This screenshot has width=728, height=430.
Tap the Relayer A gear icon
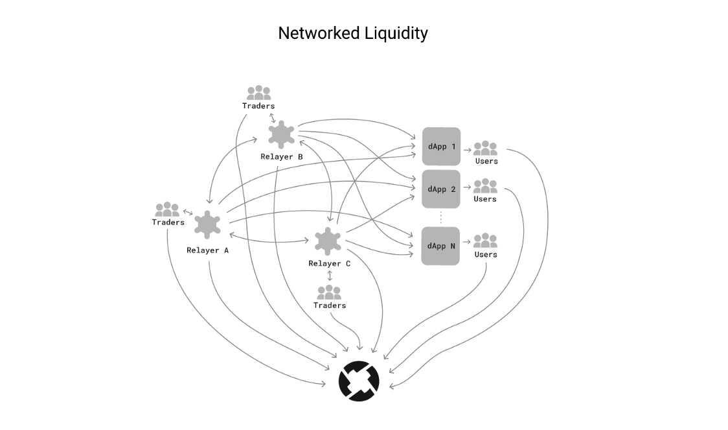[x=207, y=225]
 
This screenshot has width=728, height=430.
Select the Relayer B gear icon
[x=282, y=134]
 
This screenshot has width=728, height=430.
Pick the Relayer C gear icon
[x=328, y=241]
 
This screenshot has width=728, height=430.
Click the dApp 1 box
[x=441, y=147]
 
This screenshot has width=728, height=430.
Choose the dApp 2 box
[x=441, y=189]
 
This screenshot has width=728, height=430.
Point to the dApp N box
[x=441, y=246]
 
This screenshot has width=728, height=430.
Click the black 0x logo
[x=359, y=380]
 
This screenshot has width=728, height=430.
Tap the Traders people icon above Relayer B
[x=258, y=93]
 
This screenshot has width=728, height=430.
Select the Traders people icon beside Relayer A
[x=167, y=209]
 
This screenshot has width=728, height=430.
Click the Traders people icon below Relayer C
[x=329, y=292]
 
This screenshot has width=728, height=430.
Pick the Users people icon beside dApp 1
[x=485, y=148]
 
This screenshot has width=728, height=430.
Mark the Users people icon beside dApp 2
[x=485, y=186]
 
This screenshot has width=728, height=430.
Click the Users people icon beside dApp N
[x=485, y=241]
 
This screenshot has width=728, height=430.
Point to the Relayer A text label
[x=207, y=250]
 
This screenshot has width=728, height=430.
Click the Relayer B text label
[x=282, y=157]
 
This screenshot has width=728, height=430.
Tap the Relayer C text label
[x=329, y=263]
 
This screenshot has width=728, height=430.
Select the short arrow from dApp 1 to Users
[x=467, y=149]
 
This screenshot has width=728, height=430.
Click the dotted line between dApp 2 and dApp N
[x=441, y=217]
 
